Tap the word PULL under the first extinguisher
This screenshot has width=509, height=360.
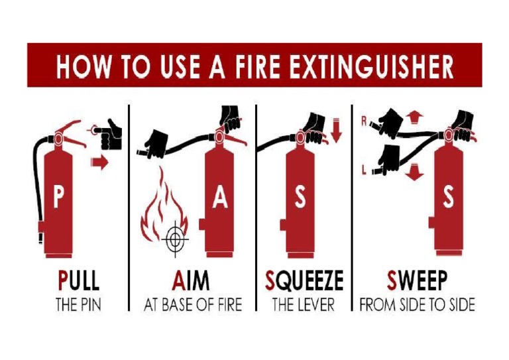[x=78, y=281]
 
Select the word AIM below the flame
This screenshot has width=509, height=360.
[x=191, y=281]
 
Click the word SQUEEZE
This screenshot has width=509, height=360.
[x=304, y=281]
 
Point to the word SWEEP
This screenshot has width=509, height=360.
[x=417, y=281]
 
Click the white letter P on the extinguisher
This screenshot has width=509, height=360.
[x=59, y=200]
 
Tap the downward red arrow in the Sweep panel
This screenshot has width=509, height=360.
[x=414, y=173]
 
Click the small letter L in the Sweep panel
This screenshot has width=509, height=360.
[x=364, y=171]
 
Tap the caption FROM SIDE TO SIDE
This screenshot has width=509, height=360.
[x=417, y=306]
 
